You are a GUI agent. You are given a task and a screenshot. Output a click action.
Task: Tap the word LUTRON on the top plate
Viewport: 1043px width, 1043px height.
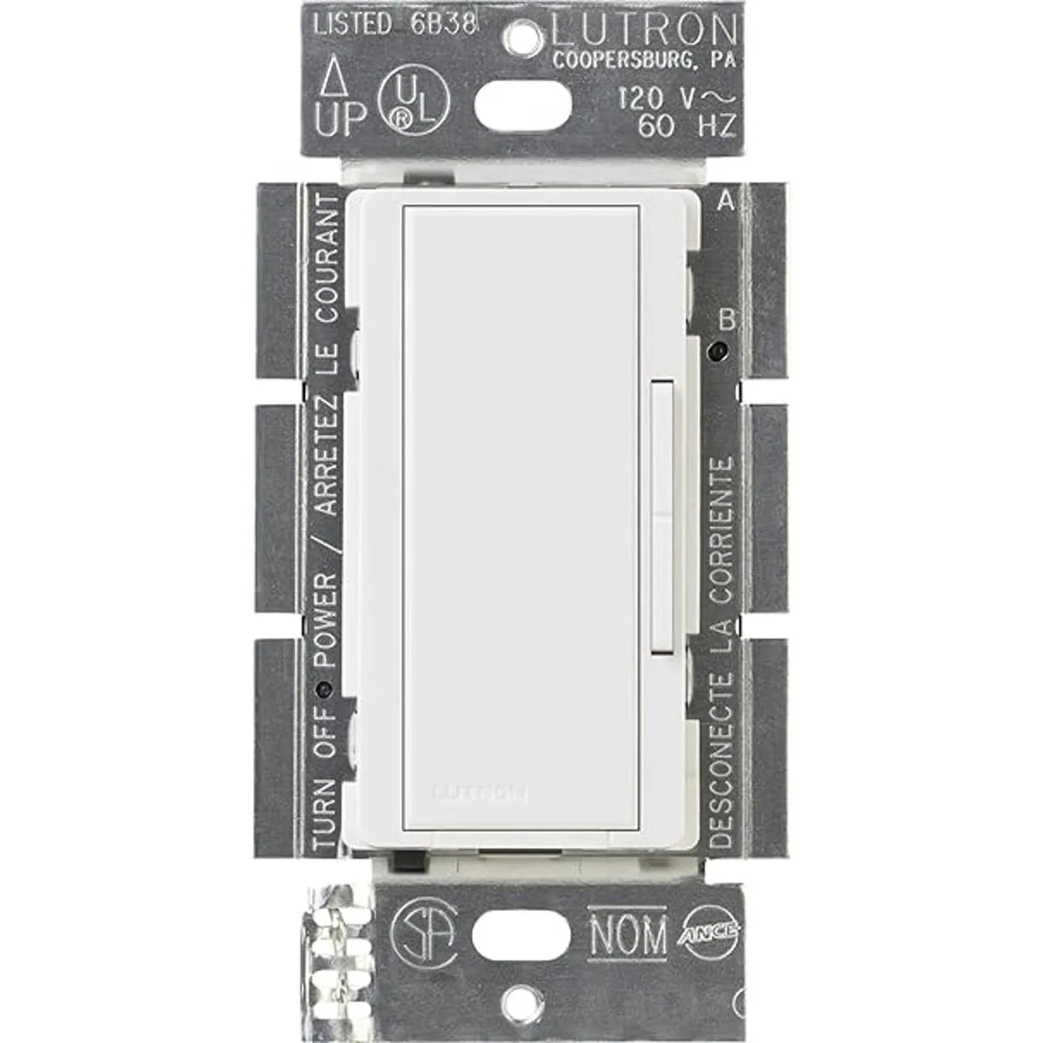[x=643, y=31]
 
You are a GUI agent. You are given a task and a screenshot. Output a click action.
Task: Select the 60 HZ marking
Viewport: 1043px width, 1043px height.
[x=687, y=127]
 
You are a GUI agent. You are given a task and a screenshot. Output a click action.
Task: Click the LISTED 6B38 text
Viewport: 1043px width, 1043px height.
[x=395, y=23]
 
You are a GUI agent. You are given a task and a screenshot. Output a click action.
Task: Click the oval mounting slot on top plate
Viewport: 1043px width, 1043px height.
[x=522, y=106]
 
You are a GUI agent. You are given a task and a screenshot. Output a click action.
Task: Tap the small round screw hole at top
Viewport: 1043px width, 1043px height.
[x=522, y=36]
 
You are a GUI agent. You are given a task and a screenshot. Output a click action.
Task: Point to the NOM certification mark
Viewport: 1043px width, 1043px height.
[x=628, y=935]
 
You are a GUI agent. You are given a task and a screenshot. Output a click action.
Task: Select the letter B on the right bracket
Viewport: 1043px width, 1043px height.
[x=725, y=320]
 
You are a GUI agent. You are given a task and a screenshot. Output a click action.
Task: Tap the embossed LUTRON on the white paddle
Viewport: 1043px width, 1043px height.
[x=479, y=791]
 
